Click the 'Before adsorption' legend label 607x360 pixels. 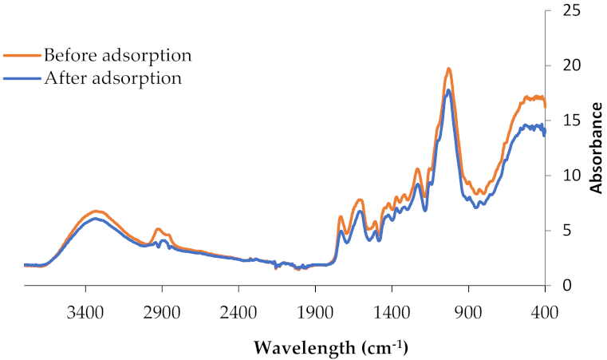click(x=117, y=56)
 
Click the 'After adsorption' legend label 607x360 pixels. click(x=112, y=78)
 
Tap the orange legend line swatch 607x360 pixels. click(x=22, y=56)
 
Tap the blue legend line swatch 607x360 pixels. click(x=22, y=78)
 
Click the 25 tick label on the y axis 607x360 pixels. click(x=570, y=10)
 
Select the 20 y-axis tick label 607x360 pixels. click(x=570, y=65)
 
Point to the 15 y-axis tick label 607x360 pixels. click(x=570, y=121)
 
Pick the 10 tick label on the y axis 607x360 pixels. click(x=570, y=176)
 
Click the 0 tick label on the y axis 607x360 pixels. click(x=566, y=285)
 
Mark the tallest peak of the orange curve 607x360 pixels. click(x=449, y=69)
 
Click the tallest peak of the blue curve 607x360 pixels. click(x=449, y=90)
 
